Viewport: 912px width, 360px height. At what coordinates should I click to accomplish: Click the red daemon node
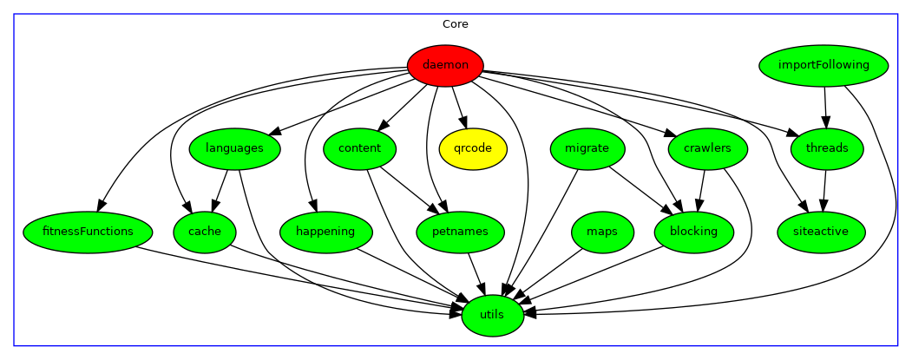pyautogui.click(x=445, y=65)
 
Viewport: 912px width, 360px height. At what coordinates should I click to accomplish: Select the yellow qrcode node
pyautogui.click(x=473, y=148)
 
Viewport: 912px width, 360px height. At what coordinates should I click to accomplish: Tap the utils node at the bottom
pyautogui.click(x=492, y=314)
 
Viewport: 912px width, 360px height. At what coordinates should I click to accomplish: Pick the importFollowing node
pyautogui.click(x=823, y=65)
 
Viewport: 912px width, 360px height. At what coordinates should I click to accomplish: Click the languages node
pyautogui.click(x=234, y=148)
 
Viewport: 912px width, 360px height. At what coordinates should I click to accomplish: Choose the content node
pyautogui.click(x=360, y=148)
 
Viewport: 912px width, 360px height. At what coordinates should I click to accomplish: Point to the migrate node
pyautogui.click(x=587, y=148)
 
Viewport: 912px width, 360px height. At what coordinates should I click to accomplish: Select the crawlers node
pyautogui.click(x=706, y=148)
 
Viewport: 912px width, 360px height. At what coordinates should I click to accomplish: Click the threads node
pyautogui.click(x=827, y=148)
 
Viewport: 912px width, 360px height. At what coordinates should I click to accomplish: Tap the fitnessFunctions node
pyautogui.click(x=88, y=232)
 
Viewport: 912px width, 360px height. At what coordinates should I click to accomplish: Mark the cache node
pyautogui.click(x=204, y=232)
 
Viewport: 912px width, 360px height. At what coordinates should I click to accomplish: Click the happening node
pyautogui.click(x=325, y=232)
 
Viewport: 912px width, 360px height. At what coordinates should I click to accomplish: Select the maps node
pyautogui.click(x=602, y=232)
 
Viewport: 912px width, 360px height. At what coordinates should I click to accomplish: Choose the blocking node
pyautogui.click(x=693, y=232)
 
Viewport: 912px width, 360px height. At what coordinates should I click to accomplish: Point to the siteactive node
pyautogui.click(x=820, y=232)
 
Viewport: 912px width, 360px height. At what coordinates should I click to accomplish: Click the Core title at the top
pyautogui.click(x=456, y=24)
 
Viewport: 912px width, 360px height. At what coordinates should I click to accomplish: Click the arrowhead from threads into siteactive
pyautogui.click(x=823, y=205)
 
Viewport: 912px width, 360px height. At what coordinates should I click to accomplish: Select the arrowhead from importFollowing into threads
pyautogui.click(x=826, y=121)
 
